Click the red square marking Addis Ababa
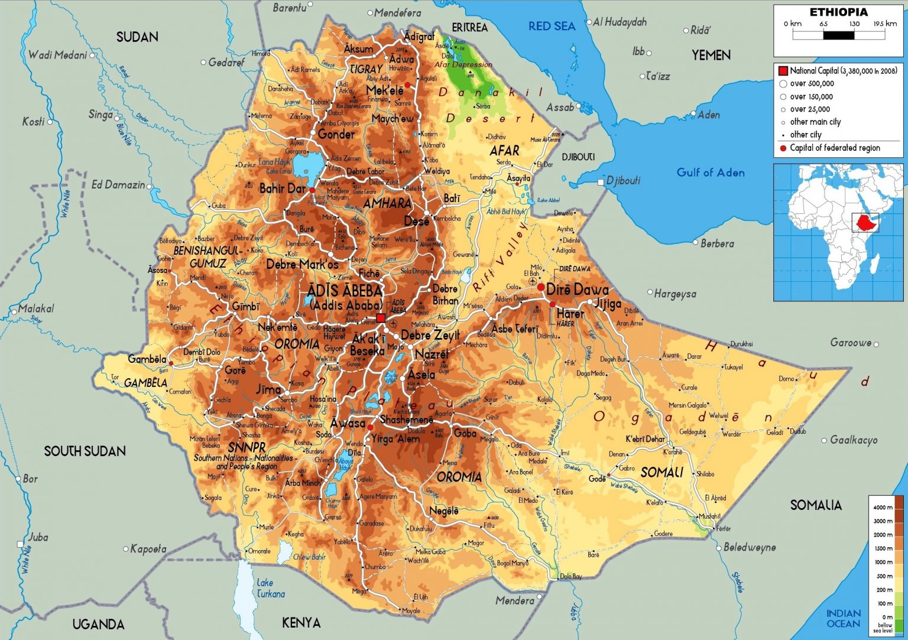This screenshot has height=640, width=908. (x=381, y=318)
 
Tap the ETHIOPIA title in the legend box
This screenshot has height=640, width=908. (x=838, y=12)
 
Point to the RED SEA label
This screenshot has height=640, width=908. (x=551, y=26)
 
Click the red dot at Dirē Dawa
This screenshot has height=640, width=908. (x=540, y=287)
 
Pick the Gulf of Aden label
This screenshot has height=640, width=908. (x=711, y=173)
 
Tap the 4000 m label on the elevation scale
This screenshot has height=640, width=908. (x=883, y=507)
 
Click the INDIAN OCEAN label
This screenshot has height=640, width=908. (x=843, y=618)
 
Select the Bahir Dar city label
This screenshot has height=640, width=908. (x=283, y=189)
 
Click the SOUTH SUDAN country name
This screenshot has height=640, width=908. (x=85, y=451)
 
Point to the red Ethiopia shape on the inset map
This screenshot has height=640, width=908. (x=864, y=223)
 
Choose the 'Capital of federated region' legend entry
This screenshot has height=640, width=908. (x=835, y=148)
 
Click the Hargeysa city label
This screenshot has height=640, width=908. (x=675, y=294)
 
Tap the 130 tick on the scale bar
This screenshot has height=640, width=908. (x=854, y=24)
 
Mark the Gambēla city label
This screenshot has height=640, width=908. (x=147, y=359)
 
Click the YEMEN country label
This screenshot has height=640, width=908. (x=711, y=55)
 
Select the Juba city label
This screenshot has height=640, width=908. (x=38, y=537)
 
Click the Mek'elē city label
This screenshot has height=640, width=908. (x=385, y=90)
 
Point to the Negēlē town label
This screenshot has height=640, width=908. (x=444, y=511)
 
